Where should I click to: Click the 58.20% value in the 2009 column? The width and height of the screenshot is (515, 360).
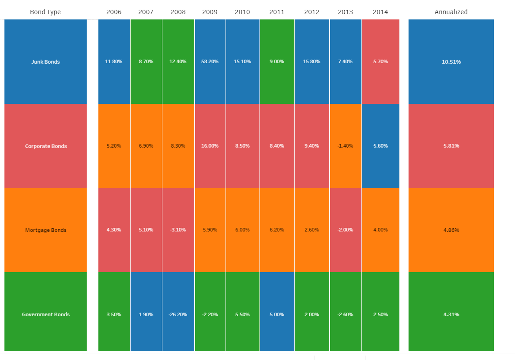pos(210,62)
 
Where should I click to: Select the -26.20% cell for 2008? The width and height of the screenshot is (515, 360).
pos(178,315)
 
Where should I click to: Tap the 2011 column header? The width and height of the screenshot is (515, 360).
pos(277,12)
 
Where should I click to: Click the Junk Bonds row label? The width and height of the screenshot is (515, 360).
pos(45,62)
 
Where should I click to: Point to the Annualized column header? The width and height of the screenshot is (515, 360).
pos(451,12)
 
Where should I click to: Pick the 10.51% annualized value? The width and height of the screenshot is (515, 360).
pos(451,62)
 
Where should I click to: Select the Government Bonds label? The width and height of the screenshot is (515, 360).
pos(45,315)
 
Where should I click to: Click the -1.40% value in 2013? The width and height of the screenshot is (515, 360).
pos(345,146)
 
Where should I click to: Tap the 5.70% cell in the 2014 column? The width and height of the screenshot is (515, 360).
pos(380,62)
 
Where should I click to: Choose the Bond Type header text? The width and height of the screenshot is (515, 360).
pos(45,12)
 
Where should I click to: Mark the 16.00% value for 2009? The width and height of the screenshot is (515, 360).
pos(210,146)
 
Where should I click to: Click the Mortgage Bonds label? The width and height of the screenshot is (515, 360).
pos(45,230)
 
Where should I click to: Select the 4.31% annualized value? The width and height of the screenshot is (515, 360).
pos(451,315)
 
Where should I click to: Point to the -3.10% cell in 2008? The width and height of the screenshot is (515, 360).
pos(178,230)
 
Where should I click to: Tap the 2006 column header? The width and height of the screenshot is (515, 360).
pos(114,12)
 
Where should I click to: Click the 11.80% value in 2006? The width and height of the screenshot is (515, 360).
pos(114,62)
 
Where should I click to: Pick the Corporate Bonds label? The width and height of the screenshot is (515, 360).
pos(45,146)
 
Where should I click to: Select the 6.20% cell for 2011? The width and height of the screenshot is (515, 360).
pos(277,230)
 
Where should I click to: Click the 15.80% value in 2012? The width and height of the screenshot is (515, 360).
pos(312,62)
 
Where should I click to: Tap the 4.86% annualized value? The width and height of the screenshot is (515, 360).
pos(451,230)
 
